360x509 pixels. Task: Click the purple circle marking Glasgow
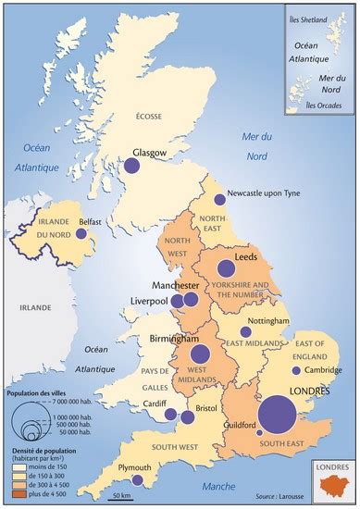click(131, 167)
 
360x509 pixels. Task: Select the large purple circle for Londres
click(277, 415)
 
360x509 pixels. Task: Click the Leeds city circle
click(225, 269)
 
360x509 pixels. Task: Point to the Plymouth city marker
click(137, 480)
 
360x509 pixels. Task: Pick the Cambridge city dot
click(295, 370)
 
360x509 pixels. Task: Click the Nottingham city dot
click(245, 331)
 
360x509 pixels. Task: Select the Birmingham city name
click(176, 340)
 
